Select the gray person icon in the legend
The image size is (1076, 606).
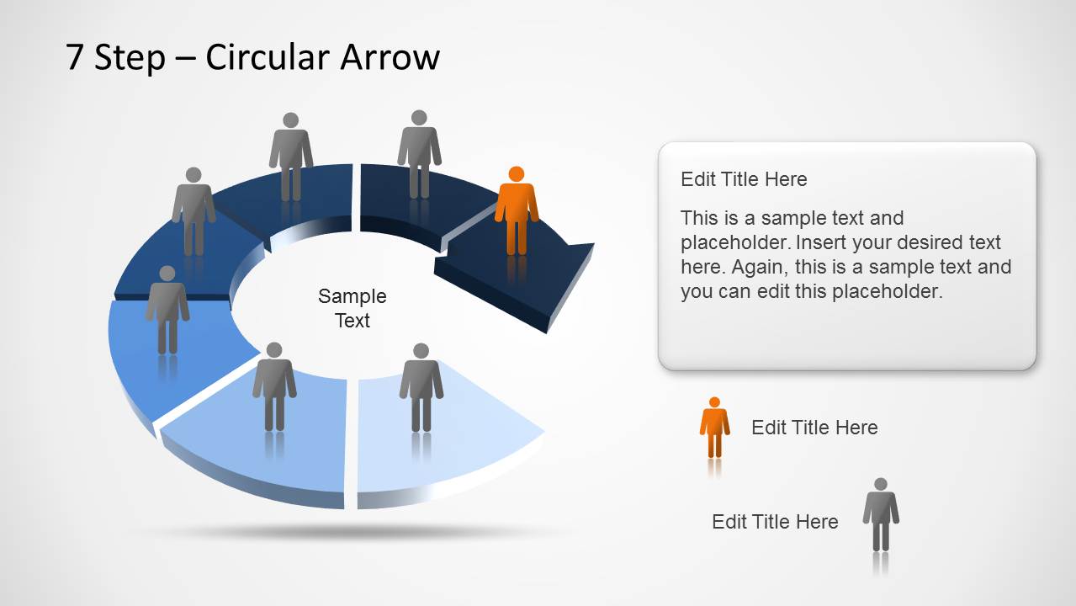coord(880,514)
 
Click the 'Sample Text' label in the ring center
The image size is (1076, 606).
coord(352,308)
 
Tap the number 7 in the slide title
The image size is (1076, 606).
coord(75,57)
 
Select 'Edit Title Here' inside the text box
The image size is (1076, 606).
coord(744,179)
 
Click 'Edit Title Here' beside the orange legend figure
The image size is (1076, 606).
coord(814,428)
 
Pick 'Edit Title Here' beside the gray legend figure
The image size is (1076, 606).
coord(775,522)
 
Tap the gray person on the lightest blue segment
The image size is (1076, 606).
coord(421,387)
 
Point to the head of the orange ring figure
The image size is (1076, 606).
coord(517,174)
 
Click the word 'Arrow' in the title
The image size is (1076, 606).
coord(390,57)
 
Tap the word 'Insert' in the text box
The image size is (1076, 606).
coord(824,242)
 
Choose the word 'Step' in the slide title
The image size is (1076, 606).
coord(130,57)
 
